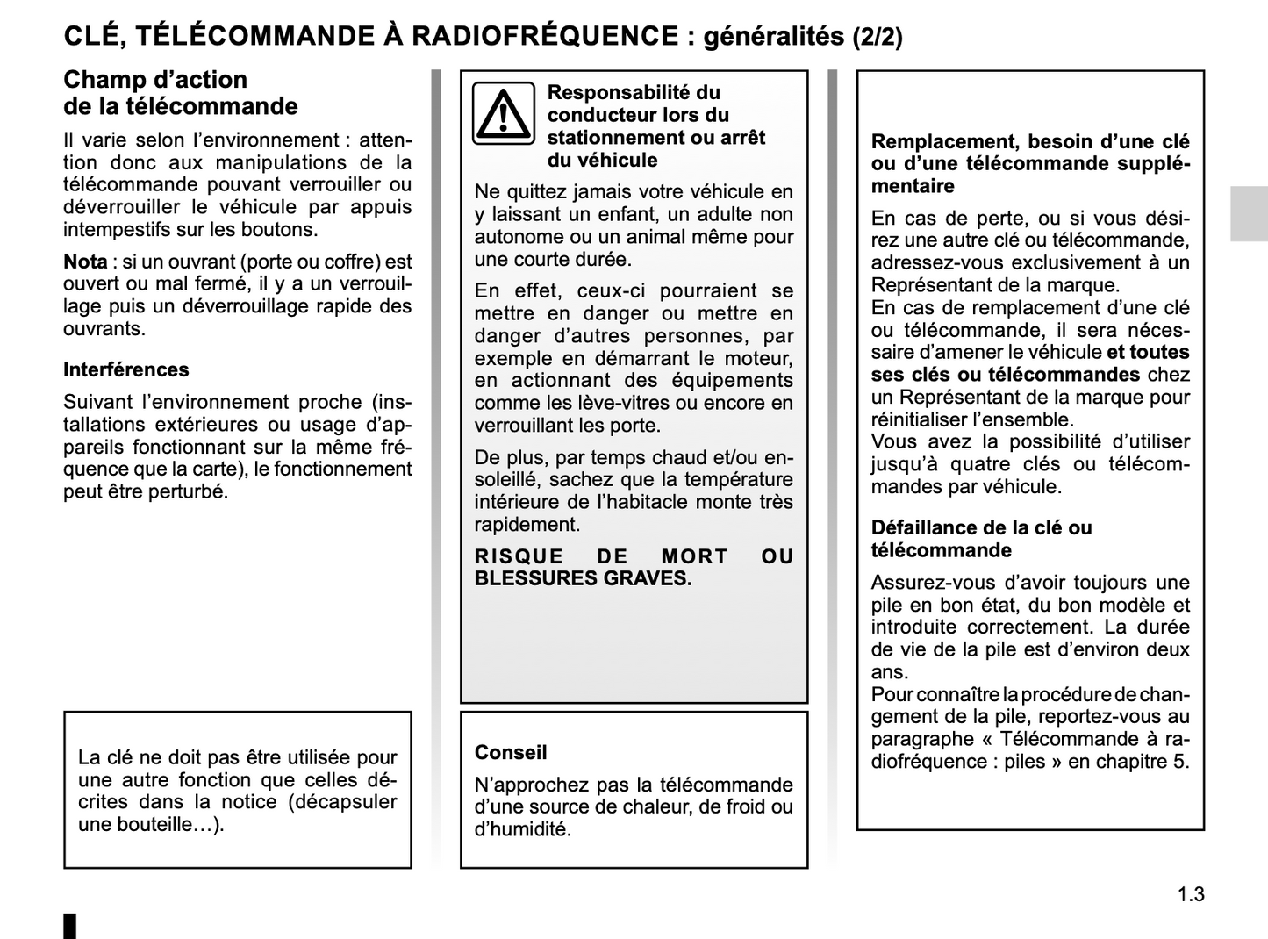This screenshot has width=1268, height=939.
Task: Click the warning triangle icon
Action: tap(503, 113)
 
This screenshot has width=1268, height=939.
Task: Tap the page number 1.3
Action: tap(1191, 894)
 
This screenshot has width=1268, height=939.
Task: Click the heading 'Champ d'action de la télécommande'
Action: tap(180, 93)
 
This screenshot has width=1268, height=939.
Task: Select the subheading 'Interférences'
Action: tap(125, 369)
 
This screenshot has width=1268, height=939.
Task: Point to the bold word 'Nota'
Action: tap(85, 262)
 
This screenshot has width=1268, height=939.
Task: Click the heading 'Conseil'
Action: tap(510, 752)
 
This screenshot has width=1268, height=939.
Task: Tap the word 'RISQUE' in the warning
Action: tap(519, 556)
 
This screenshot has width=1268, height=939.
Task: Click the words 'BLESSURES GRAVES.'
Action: tap(583, 578)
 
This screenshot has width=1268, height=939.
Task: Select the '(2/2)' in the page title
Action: tap(877, 37)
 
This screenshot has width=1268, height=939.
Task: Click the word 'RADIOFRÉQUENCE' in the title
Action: tap(544, 36)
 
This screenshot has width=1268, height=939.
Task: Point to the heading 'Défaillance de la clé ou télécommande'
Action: tap(981, 539)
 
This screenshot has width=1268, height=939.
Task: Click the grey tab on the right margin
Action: tap(1248, 213)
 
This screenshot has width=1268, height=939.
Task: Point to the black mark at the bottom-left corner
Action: tap(70, 926)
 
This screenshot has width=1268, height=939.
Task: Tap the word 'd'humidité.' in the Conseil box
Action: tap(522, 829)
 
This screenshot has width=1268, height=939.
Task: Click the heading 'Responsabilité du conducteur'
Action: tap(634, 104)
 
